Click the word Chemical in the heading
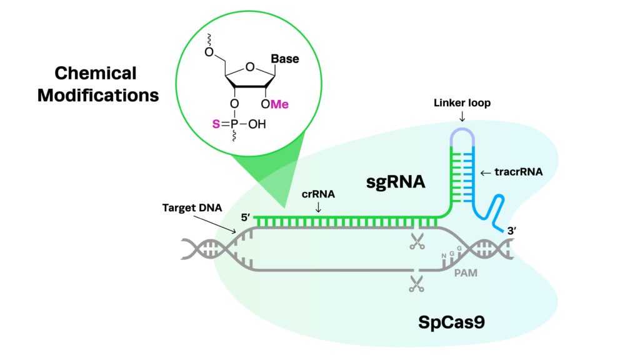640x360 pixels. pyautogui.click(x=96, y=74)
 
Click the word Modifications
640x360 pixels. pyautogui.click(x=98, y=96)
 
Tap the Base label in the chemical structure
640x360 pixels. pyautogui.click(x=285, y=59)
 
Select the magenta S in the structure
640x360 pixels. pyautogui.click(x=216, y=124)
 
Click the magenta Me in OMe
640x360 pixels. pyautogui.click(x=279, y=104)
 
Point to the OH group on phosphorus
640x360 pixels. pyautogui.click(x=257, y=124)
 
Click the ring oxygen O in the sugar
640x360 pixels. pyautogui.click(x=250, y=67)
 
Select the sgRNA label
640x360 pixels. pyautogui.click(x=396, y=182)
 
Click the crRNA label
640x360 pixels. pyautogui.click(x=318, y=194)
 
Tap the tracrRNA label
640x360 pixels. pyautogui.click(x=518, y=172)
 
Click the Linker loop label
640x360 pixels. pyautogui.click(x=462, y=103)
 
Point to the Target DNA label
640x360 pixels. pyautogui.click(x=192, y=207)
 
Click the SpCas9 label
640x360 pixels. pyautogui.click(x=451, y=322)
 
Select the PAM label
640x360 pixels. pyautogui.click(x=466, y=272)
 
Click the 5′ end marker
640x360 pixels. pyautogui.click(x=245, y=217)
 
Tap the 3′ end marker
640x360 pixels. pyautogui.click(x=512, y=231)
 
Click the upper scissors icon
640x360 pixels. pyautogui.click(x=417, y=241)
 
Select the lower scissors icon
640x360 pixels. pyautogui.click(x=417, y=284)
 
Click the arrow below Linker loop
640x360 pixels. pyautogui.click(x=462, y=117)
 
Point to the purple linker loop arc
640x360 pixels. pyautogui.click(x=462, y=129)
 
